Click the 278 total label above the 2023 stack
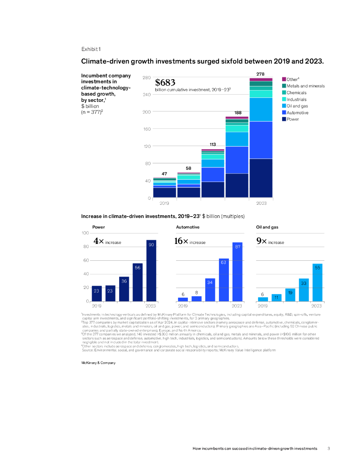pyautogui.click(x=261, y=73)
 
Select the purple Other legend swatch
pyautogui.click(x=284, y=79)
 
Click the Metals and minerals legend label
pyautogui.click(x=305, y=86)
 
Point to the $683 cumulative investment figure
pyautogui.click(x=165, y=83)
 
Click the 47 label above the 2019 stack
pyautogui.click(x=165, y=173)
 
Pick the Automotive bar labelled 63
pyautogui.click(x=223, y=279)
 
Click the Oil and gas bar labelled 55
pyautogui.click(x=317, y=282)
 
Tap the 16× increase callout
pyautogui.click(x=190, y=242)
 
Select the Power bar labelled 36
pyautogui.click(x=124, y=289)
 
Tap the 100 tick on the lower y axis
pyautogui.click(x=85, y=233)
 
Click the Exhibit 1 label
pyautogui.click(x=91, y=49)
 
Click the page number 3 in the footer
pyautogui.click(x=329, y=449)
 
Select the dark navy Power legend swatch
pyautogui.click(x=284, y=119)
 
